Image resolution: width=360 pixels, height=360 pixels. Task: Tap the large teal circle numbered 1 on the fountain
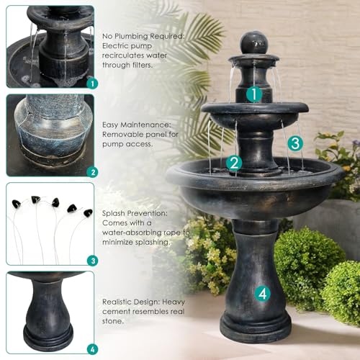click(254, 94)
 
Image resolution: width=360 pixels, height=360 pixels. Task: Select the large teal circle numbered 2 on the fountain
click(234, 163)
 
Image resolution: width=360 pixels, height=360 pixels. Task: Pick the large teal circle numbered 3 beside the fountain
click(295, 143)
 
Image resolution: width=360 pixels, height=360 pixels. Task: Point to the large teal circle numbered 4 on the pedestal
click(263, 294)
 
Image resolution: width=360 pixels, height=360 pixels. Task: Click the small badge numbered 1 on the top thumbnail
click(93, 84)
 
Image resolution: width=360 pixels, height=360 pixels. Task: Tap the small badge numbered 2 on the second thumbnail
click(93, 172)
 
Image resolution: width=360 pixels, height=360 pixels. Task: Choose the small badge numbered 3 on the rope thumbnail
click(93, 261)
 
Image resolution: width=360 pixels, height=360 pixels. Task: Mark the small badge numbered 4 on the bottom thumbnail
click(93, 349)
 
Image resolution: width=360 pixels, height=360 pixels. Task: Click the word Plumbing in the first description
click(131, 37)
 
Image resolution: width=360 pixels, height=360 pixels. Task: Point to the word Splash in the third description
click(113, 213)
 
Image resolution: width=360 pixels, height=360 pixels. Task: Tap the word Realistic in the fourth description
click(120, 302)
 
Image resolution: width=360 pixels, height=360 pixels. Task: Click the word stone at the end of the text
click(113, 321)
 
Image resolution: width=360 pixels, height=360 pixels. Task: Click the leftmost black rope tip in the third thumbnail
click(17, 204)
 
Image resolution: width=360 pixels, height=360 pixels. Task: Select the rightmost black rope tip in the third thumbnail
click(88, 212)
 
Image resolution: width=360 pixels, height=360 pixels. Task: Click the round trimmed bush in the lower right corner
click(342, 293)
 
